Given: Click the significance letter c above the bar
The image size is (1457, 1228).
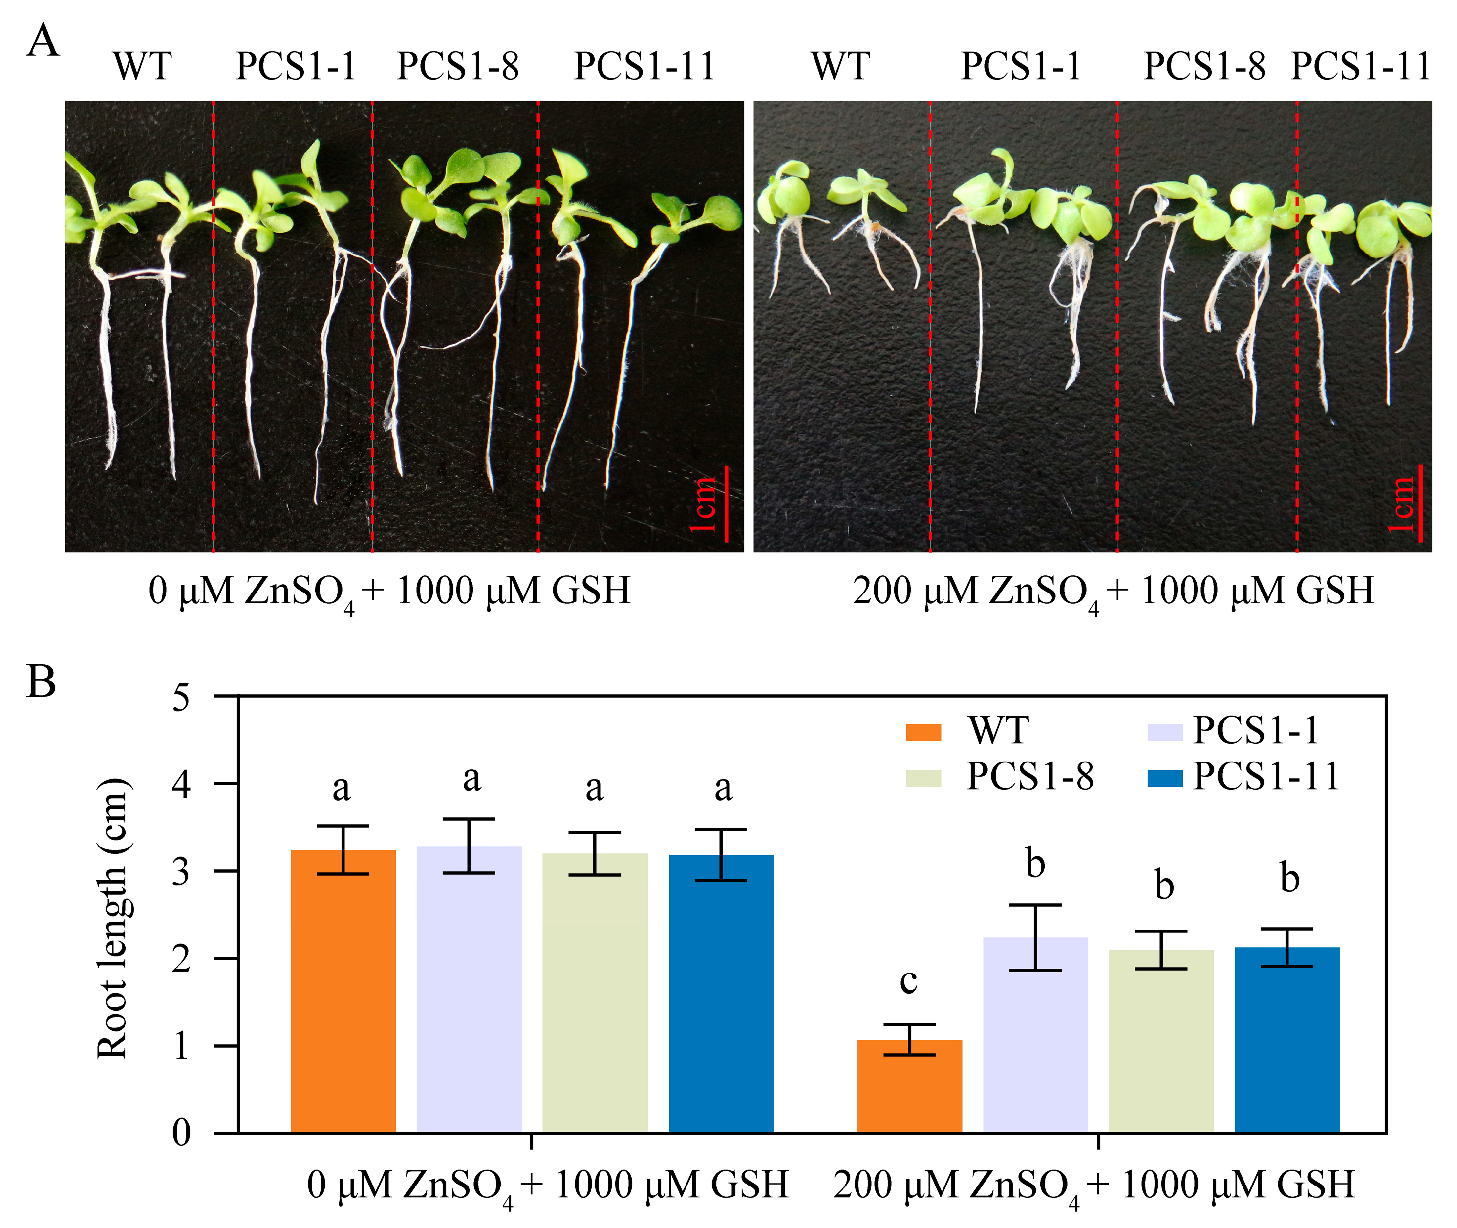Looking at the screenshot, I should tap(908, 981).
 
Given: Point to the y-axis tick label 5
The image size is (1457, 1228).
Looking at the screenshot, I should tap(181, 697).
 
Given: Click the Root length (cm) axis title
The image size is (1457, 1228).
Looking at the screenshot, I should tap(113, 919).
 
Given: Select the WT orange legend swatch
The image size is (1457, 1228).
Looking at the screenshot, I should tap(923, 733).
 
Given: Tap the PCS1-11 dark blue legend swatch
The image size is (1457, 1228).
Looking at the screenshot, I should tap(1164, 778).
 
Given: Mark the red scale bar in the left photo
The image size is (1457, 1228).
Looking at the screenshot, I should tap(726, 504).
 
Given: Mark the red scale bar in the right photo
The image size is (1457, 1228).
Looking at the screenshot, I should tap(1419, 504).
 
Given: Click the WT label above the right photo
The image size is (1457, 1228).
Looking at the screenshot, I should tap(840, 67).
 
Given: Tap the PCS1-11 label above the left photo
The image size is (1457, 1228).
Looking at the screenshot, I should tap(644, 67).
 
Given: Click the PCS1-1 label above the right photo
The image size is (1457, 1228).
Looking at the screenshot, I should tap(1021, 67).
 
